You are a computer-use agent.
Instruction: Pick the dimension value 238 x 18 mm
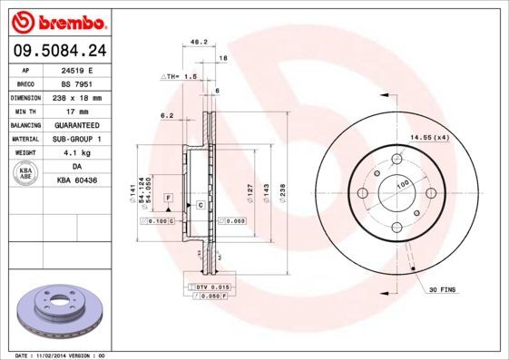point(75,96)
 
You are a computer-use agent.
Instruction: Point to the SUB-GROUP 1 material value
point(75,139)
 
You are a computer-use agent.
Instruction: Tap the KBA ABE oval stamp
point(26,174)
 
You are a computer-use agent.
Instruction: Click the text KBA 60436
point(75,181)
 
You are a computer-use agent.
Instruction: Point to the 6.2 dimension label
point(166,115)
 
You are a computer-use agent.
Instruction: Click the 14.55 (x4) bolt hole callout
point(429,137)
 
